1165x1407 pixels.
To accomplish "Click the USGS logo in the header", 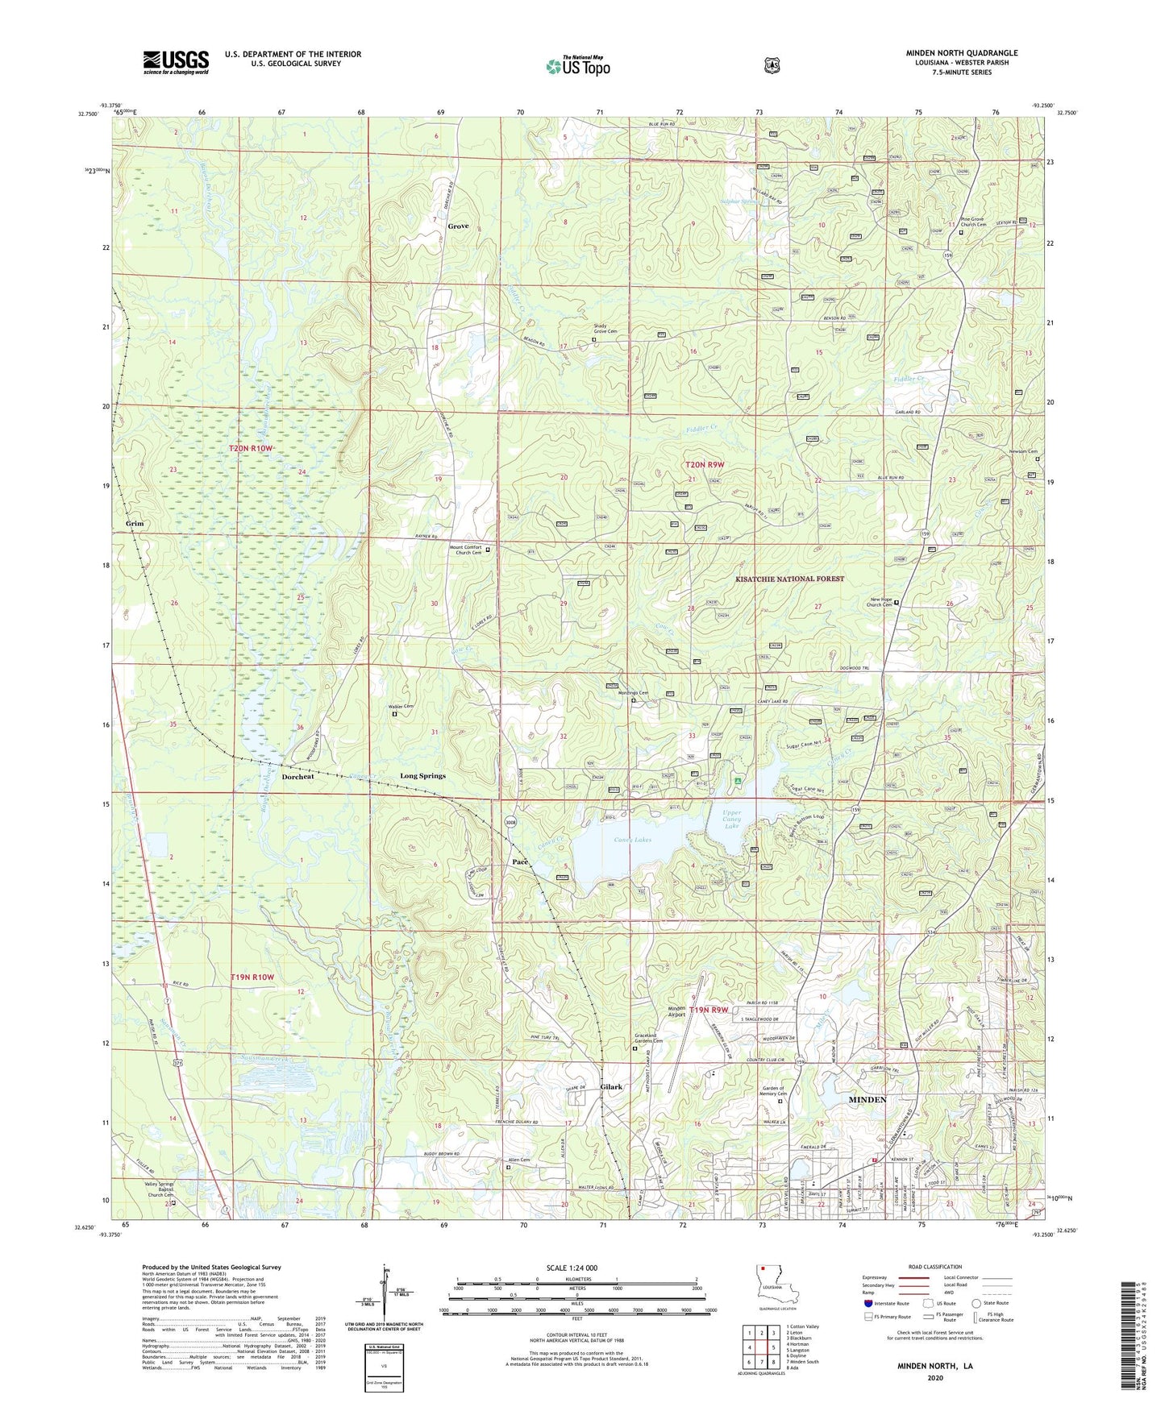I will point(176,61).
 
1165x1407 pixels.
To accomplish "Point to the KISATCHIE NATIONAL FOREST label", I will point(789,579).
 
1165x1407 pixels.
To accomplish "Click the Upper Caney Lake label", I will point(731,820).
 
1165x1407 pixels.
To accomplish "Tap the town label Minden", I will point(867,1099).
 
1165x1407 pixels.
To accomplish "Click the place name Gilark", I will point(611,1086).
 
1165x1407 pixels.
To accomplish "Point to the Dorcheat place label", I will point(297,777).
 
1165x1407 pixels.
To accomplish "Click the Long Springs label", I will point(422,776).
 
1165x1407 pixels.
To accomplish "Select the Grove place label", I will point(458,226).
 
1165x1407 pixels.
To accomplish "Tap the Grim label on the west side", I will point(134,523).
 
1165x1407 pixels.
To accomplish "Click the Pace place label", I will point(520,861).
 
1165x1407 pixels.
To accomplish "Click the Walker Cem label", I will point(401,707).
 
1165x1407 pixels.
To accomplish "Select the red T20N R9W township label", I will point(705,464).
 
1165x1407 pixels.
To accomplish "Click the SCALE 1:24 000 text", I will point(572,1268).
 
